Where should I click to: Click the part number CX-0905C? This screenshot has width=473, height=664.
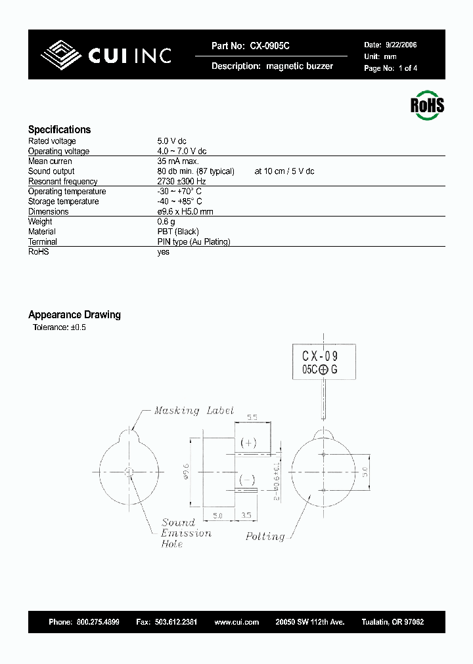click(x=269, y=46)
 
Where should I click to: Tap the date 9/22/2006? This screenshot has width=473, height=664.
click(x=400, y=45)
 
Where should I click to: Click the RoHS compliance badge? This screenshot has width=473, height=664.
click(x=427, y=106)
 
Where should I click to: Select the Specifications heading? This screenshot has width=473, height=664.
click(x=59, y=130)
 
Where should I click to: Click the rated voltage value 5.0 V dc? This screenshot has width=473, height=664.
click(x=172, y=141)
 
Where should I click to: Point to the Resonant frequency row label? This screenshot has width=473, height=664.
click(x=62, y=182)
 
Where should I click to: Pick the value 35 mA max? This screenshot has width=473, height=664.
click(x=178, y=161)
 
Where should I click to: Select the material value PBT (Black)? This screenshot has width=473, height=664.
click(x=178, y=232)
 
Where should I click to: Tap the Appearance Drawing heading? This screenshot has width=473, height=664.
click(x=74, y=315)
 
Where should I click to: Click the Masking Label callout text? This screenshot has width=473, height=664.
click(x=194, y=411)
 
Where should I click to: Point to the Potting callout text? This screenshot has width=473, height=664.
click(x=265, y=536)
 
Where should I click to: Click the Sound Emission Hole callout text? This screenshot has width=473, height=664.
click(x=186, y=533)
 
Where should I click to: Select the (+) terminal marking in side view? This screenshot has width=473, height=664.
click(x=248, y=443)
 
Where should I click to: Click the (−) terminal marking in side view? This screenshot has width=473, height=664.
click(x=248, y=478)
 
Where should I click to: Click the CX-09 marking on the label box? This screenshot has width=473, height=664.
click(x=319, y=356)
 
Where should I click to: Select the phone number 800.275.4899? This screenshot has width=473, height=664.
click(x=98, y=622)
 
